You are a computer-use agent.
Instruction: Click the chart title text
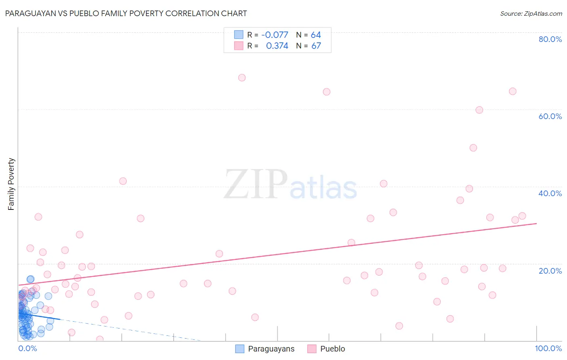[x=126, y=13]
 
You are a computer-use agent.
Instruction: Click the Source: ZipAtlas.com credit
[x=531, y=14]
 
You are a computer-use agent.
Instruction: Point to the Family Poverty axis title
[x=11, y=184]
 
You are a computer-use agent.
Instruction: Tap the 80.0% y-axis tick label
[x=550, y=39]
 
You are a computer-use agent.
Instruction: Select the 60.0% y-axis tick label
[x=550, y=116]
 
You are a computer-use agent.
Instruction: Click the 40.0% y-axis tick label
[x=550, y=193]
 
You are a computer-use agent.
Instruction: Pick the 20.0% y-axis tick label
[x=550, y=271]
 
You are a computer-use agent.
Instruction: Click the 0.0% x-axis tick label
[x=27, y=348]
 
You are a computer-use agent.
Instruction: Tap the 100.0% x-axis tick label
[x=548, y=348]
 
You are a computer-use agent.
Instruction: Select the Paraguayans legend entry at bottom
[x=265, y=349]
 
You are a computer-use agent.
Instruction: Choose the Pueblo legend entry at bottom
[x=326, y=349]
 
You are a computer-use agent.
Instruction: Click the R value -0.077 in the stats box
[x=275, y=35]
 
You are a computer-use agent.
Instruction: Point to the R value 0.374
[x=277, y=46]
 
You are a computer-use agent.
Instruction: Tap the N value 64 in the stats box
[x=316, y=35]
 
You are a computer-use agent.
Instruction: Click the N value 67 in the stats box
[x=316, y=46]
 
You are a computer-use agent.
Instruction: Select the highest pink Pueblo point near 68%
[x=242, y=77]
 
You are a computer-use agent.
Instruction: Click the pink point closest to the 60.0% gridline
[x=479, y=110]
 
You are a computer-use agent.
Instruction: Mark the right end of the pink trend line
[x=536, y=223]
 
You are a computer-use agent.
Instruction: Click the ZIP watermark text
[x=255, y=184]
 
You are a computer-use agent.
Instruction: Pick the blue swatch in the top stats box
[x=239, y=35]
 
